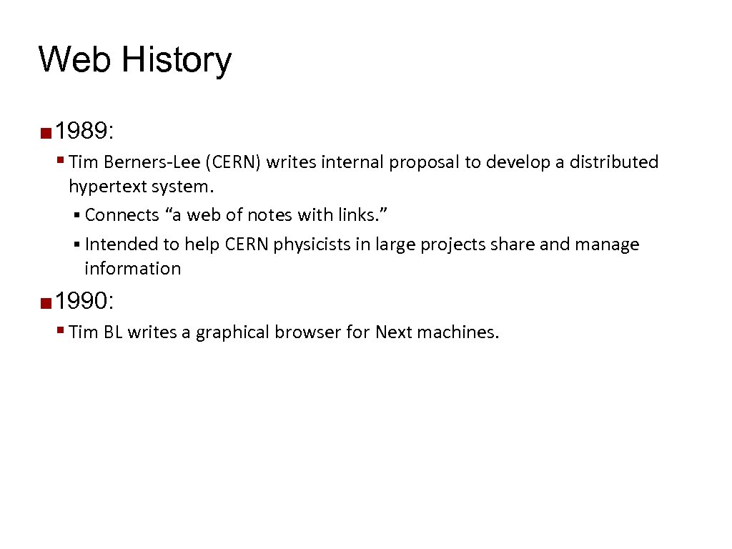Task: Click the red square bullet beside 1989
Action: pos(46,132)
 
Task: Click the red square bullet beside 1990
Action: pos(46,302)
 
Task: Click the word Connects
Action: pos(122,215)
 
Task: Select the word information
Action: pos(132,269)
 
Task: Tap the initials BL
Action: pos(111,332)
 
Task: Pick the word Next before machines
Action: pos(393,332)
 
